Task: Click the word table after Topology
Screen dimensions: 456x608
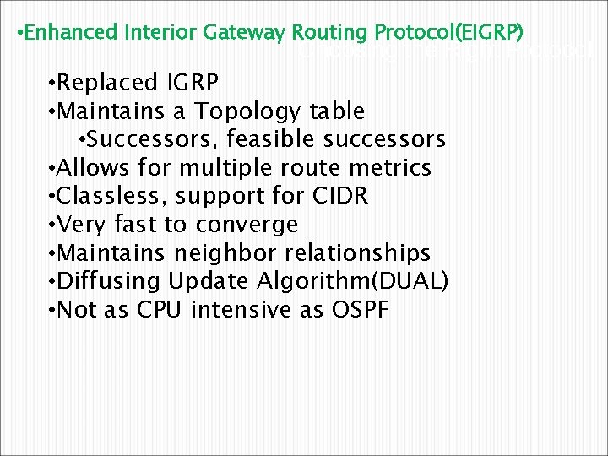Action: coord(337,111)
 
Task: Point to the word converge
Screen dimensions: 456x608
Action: coord(247,225)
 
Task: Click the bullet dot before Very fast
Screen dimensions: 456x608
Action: coord(53,225)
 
